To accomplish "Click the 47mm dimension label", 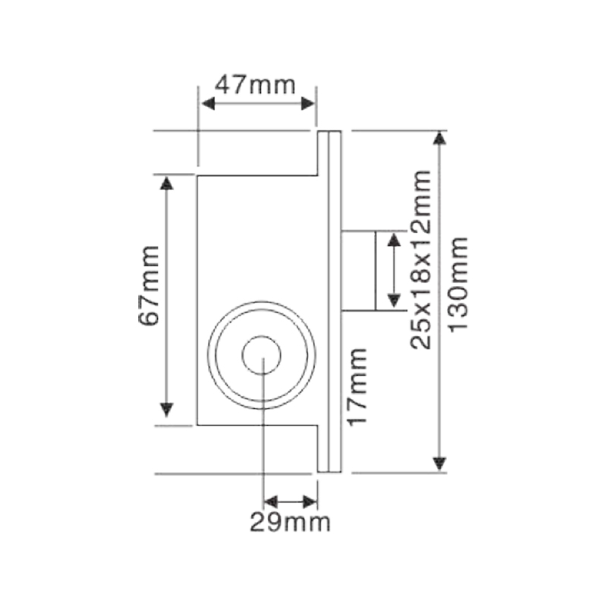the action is click(x=255, y=85).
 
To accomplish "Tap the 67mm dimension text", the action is click(x=149, y=286).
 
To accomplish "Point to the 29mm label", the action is click(x=290, y=522).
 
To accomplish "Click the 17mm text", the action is click(x=357, y=387).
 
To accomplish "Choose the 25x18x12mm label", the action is click(x=421, y=259).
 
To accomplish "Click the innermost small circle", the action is click(x=261, y=355).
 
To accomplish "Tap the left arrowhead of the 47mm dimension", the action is click(x=208, y=103).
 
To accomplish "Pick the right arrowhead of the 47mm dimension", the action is click(x=308, y=103).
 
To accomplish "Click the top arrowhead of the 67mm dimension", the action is click(x=166, y=183).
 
